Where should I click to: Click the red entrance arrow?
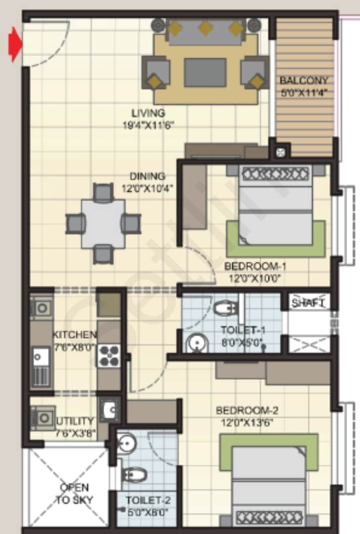(x=15, y=44)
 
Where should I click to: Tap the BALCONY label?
(x=304, y=81)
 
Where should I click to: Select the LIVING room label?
(x=148, y=113)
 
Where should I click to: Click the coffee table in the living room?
(x=205, y=72)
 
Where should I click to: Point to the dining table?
(x=103, y=223)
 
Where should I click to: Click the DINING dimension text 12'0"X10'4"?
(x=147, y=188)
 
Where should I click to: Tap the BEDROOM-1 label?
(x=255, y=266)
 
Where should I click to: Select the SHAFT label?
(x=308, y=303)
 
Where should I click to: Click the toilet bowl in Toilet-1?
(x=225, y=309)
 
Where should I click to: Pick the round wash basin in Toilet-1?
(x=197, y=343)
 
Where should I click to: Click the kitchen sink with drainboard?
(x=41, y=367)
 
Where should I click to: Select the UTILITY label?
(x=75, y=421)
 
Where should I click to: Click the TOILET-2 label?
(x=148, y=500)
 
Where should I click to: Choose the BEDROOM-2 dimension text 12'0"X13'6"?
(x=247, y=423)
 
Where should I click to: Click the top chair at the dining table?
(x=103, y=192)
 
